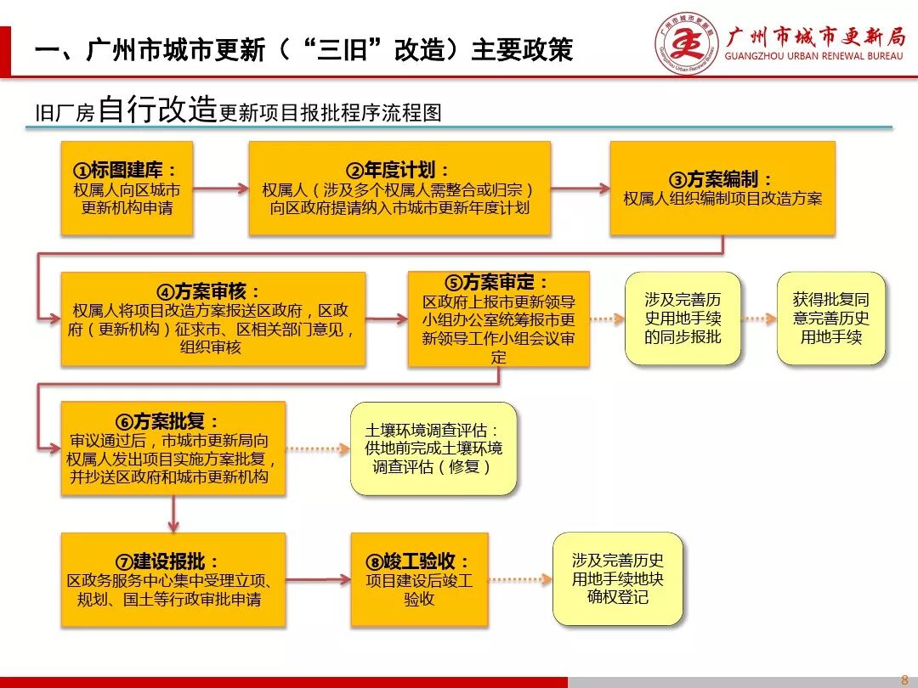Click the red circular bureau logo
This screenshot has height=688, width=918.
(686, 43)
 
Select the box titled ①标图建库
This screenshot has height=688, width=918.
(127, 188)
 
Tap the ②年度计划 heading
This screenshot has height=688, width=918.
(399, 170)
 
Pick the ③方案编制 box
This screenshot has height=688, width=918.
(722, 188)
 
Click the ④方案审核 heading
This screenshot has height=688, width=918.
(213, 291)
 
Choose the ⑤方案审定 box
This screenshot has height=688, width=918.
(498, 319)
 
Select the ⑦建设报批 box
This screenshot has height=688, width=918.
(173, 579)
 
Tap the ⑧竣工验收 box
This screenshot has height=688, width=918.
(419, 579)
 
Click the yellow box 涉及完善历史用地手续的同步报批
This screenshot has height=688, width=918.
(683, 319)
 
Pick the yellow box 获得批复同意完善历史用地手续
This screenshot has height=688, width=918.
(830, 319)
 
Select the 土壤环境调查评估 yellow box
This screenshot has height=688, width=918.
(433, 448)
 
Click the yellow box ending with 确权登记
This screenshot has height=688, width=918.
(617, 579)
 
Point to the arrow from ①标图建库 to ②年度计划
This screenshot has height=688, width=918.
(220, 188)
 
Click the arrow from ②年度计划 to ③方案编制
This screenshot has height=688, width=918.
(580, 188)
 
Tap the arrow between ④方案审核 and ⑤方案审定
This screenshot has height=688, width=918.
(387, 319)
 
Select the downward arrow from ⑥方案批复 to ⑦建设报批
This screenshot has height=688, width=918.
(173, 514)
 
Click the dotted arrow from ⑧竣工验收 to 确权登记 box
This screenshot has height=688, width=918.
(520, 579)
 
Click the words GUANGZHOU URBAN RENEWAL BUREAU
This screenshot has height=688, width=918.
(813, 56)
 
